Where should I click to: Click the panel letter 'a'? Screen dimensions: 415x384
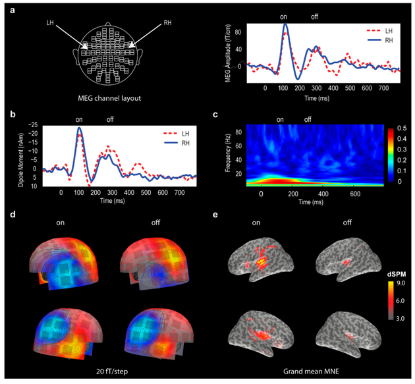tap(12, 11)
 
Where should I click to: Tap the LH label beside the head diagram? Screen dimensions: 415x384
tap(50, 23)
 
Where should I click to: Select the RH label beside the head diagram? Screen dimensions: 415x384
tap(167, 23)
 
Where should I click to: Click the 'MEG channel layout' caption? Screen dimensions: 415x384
tap(109, 98)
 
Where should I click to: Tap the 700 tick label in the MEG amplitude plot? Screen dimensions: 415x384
tap(384, 88)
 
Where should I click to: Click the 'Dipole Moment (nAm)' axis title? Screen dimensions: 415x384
tap(21, 160)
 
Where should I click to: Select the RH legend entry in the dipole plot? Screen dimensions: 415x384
tap(177, 143)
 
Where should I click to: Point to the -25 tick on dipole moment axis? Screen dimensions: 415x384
tap(34, 124)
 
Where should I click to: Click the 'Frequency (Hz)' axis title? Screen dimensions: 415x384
tap(228, 153)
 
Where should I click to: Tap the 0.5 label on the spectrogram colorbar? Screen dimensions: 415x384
tap(402, 128)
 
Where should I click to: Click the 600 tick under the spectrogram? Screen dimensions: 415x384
tap(355, 194)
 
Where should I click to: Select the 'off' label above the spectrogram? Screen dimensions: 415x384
tap(308, 119)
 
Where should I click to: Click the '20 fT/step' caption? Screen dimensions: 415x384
tap(112, 371)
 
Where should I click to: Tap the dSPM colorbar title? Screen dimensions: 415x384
tap(397, 275)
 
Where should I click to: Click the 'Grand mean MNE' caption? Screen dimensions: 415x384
tap(311, 371)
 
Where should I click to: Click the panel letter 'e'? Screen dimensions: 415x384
tap(215, 214)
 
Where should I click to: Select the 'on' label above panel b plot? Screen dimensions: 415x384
tap(79, 120)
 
